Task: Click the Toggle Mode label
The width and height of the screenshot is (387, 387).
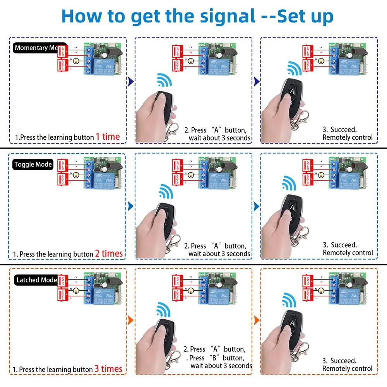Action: pos(33,164)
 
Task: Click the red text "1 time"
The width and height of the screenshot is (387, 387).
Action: pos(108,137)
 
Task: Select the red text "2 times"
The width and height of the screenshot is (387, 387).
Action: pos(109,253)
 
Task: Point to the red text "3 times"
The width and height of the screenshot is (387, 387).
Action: pos(108,369)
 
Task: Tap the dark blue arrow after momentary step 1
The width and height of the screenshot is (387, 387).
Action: pos(131,82)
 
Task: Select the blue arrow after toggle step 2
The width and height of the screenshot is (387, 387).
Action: pos(256,206)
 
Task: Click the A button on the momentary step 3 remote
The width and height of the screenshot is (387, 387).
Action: pos(292,90)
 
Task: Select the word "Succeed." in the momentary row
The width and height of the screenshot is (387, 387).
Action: pos(344,130)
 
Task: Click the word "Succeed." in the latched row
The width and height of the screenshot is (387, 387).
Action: pos(344,361)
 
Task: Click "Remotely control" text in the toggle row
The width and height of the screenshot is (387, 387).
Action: pos(348,253)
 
